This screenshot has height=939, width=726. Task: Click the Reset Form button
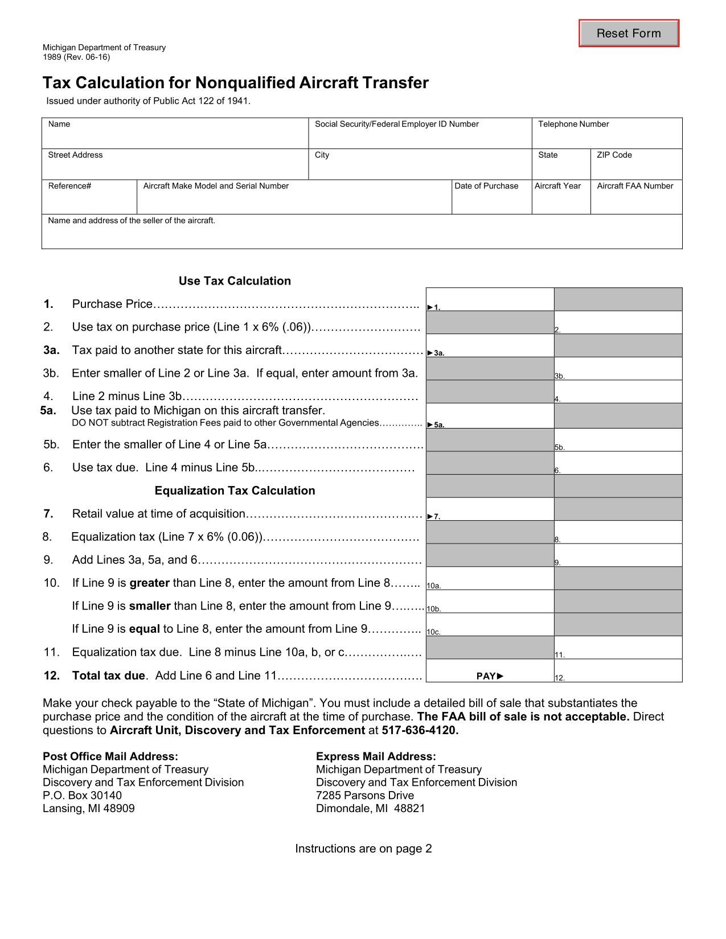click(x=629, y=34)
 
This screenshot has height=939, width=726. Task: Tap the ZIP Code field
click(x=636, y=168)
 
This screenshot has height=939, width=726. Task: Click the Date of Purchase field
click(x=491, y=201)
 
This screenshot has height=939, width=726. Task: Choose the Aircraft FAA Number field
click(x=636, y=201)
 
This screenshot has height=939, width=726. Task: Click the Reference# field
click(x=89, y=201)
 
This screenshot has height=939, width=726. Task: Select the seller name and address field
click(x=362, y=236)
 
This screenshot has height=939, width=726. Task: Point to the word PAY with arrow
click(x=490, y=676)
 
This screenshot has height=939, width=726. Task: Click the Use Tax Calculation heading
click(x=235, y=281)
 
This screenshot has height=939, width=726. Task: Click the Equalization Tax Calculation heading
click(x=235, y=491)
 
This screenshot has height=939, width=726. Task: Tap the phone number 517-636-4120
click(x=420, y=730)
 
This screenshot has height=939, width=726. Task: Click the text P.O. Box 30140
click(x=82, y=795)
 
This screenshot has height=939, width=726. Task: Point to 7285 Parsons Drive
click(x=365, y=795)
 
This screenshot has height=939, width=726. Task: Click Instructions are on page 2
click(x=363, y=849)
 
